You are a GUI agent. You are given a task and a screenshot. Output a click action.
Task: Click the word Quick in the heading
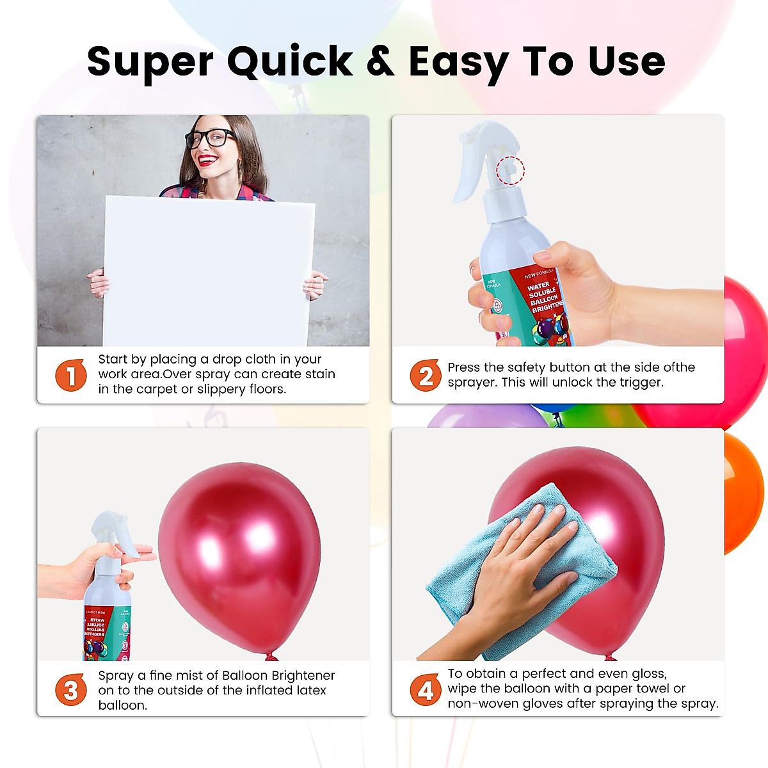coord(289,63)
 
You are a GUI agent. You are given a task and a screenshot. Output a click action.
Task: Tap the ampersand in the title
coord(380,61)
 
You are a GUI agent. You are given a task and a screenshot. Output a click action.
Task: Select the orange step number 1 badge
coord(71,375)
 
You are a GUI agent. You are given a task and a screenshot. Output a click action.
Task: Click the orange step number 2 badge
coord(426,375)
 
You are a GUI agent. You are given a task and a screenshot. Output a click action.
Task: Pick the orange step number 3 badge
coord(71,690)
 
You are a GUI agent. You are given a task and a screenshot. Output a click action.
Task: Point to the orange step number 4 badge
coord(426,690)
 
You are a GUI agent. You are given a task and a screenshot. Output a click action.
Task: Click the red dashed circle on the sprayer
coord(511,170)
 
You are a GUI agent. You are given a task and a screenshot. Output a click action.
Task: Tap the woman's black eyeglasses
coord(211,138)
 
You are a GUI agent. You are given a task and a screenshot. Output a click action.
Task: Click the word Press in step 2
coord(464,367)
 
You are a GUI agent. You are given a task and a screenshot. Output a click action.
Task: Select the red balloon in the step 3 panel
coord(240,557)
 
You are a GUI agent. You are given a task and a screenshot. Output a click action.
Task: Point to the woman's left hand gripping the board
coord(316,284)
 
